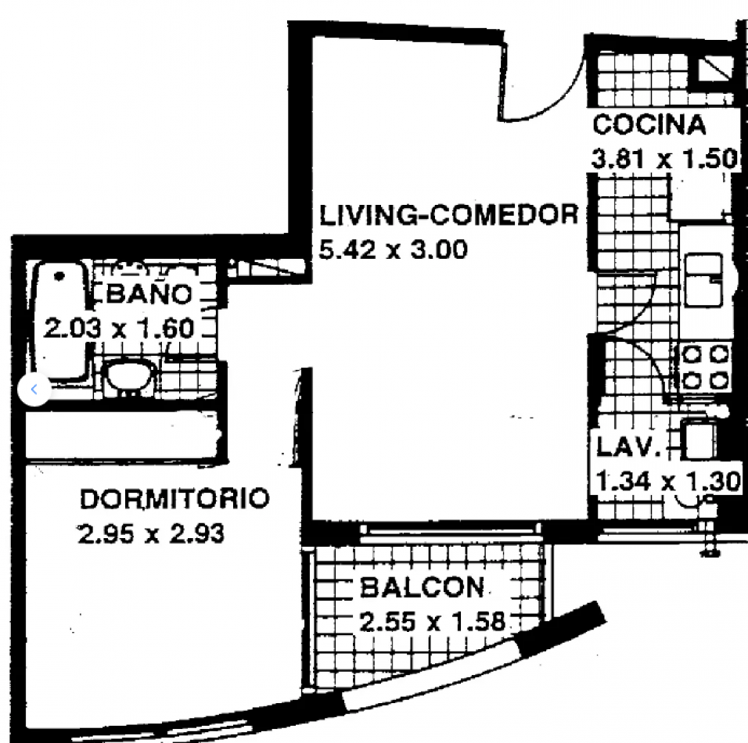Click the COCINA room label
(x=649, y=125)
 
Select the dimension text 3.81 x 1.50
(x=664, y=160)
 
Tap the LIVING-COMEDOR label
(x=449, y=214)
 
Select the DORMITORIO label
(x=175, y=498)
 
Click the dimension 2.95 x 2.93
(x=151, y=534)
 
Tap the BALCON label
(x=423, y=587)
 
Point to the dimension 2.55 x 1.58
(x=433, y=623)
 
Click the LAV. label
(x=629, y=448)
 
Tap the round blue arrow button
(x=34, y=388)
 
